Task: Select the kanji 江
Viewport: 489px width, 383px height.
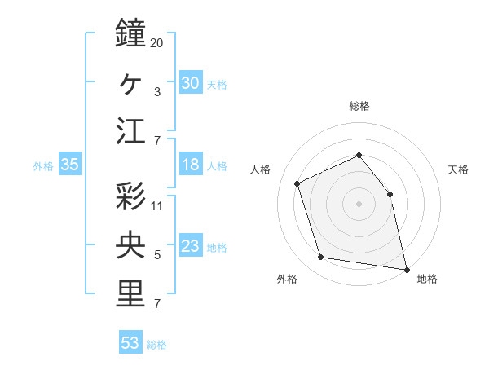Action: tap(130, 131)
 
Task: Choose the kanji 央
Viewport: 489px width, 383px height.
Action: tap(130, 245)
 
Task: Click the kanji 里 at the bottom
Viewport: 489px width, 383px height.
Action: tap(130, 294)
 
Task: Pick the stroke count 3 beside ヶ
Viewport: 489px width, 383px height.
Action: tap(156, 92)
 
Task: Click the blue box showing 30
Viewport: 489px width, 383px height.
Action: tap(190, 82)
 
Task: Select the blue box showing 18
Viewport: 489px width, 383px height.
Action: tap(190, 165)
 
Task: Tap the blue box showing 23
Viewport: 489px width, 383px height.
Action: tap(190, 246)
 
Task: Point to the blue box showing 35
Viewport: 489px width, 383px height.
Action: tap(70, 165)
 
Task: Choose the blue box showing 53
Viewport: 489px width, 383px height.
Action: tap(130, 343)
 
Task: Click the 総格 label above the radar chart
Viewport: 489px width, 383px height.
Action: tap(359, 106)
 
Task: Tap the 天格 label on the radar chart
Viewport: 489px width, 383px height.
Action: tap(458, 169)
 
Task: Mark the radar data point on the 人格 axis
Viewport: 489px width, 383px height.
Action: tap(297, 183)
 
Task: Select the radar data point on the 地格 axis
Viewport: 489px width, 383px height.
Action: tap(405, 268)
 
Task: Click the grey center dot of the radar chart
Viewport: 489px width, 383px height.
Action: tap(359, 203)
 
